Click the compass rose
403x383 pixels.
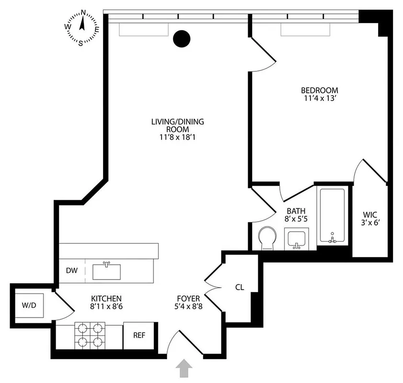[x=82, y=27]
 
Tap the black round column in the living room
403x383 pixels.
[x=182, y=39]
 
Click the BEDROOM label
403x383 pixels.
[x=319, y=90]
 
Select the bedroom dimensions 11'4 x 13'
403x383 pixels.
[x=319, y=99]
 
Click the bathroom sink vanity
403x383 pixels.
[x=297, y=238]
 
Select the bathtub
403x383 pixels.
[x=332, y=215]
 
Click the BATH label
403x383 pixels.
[x=296, y=211]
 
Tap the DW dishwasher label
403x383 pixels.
[x=71, y=270]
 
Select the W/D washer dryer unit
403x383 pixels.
[x=27, y=305]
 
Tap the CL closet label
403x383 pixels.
[x=240, y=288]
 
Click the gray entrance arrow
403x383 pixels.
[x=185, y=370]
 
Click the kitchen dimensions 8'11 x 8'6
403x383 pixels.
[x=105, y=306]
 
